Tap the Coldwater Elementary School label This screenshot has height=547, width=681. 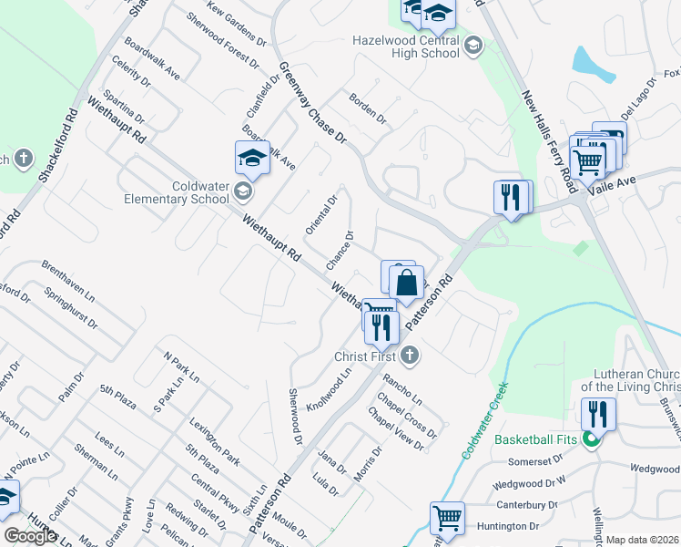pos(177,191)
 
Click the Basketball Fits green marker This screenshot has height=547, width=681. pos(591,439)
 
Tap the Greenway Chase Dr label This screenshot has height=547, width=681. pos(313,103)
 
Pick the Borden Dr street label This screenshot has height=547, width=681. pos(367,108)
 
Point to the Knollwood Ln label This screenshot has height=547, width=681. pos(330,389)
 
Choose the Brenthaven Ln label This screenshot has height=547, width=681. pos(67,280)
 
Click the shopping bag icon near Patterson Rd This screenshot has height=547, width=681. pos(406,282)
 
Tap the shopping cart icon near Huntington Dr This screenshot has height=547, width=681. pos(447,517)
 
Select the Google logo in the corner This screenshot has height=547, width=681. pos(30,536)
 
